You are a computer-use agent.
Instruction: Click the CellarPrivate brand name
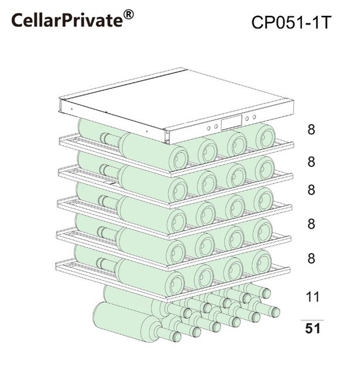67,20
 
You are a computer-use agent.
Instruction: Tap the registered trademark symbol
128,15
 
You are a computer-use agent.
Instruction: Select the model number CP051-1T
292,22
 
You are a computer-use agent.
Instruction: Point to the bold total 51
313,329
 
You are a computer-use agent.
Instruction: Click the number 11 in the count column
313,296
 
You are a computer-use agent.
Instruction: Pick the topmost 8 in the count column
311,129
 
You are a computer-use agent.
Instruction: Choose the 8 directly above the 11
311,258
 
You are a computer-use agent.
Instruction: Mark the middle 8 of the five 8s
311,190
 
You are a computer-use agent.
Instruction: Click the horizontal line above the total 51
312,320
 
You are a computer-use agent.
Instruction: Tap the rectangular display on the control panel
231,122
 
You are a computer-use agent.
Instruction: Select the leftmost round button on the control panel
209,128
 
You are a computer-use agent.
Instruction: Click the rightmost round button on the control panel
254,117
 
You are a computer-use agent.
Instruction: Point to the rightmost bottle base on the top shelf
266,137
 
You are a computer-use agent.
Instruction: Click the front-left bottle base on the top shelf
178,159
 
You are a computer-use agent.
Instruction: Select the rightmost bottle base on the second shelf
265,169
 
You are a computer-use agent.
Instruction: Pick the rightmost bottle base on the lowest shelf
262,262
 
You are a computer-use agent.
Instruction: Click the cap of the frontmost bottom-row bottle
175,337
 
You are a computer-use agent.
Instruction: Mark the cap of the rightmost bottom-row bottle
275,312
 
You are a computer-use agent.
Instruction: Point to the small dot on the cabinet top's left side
72,109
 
